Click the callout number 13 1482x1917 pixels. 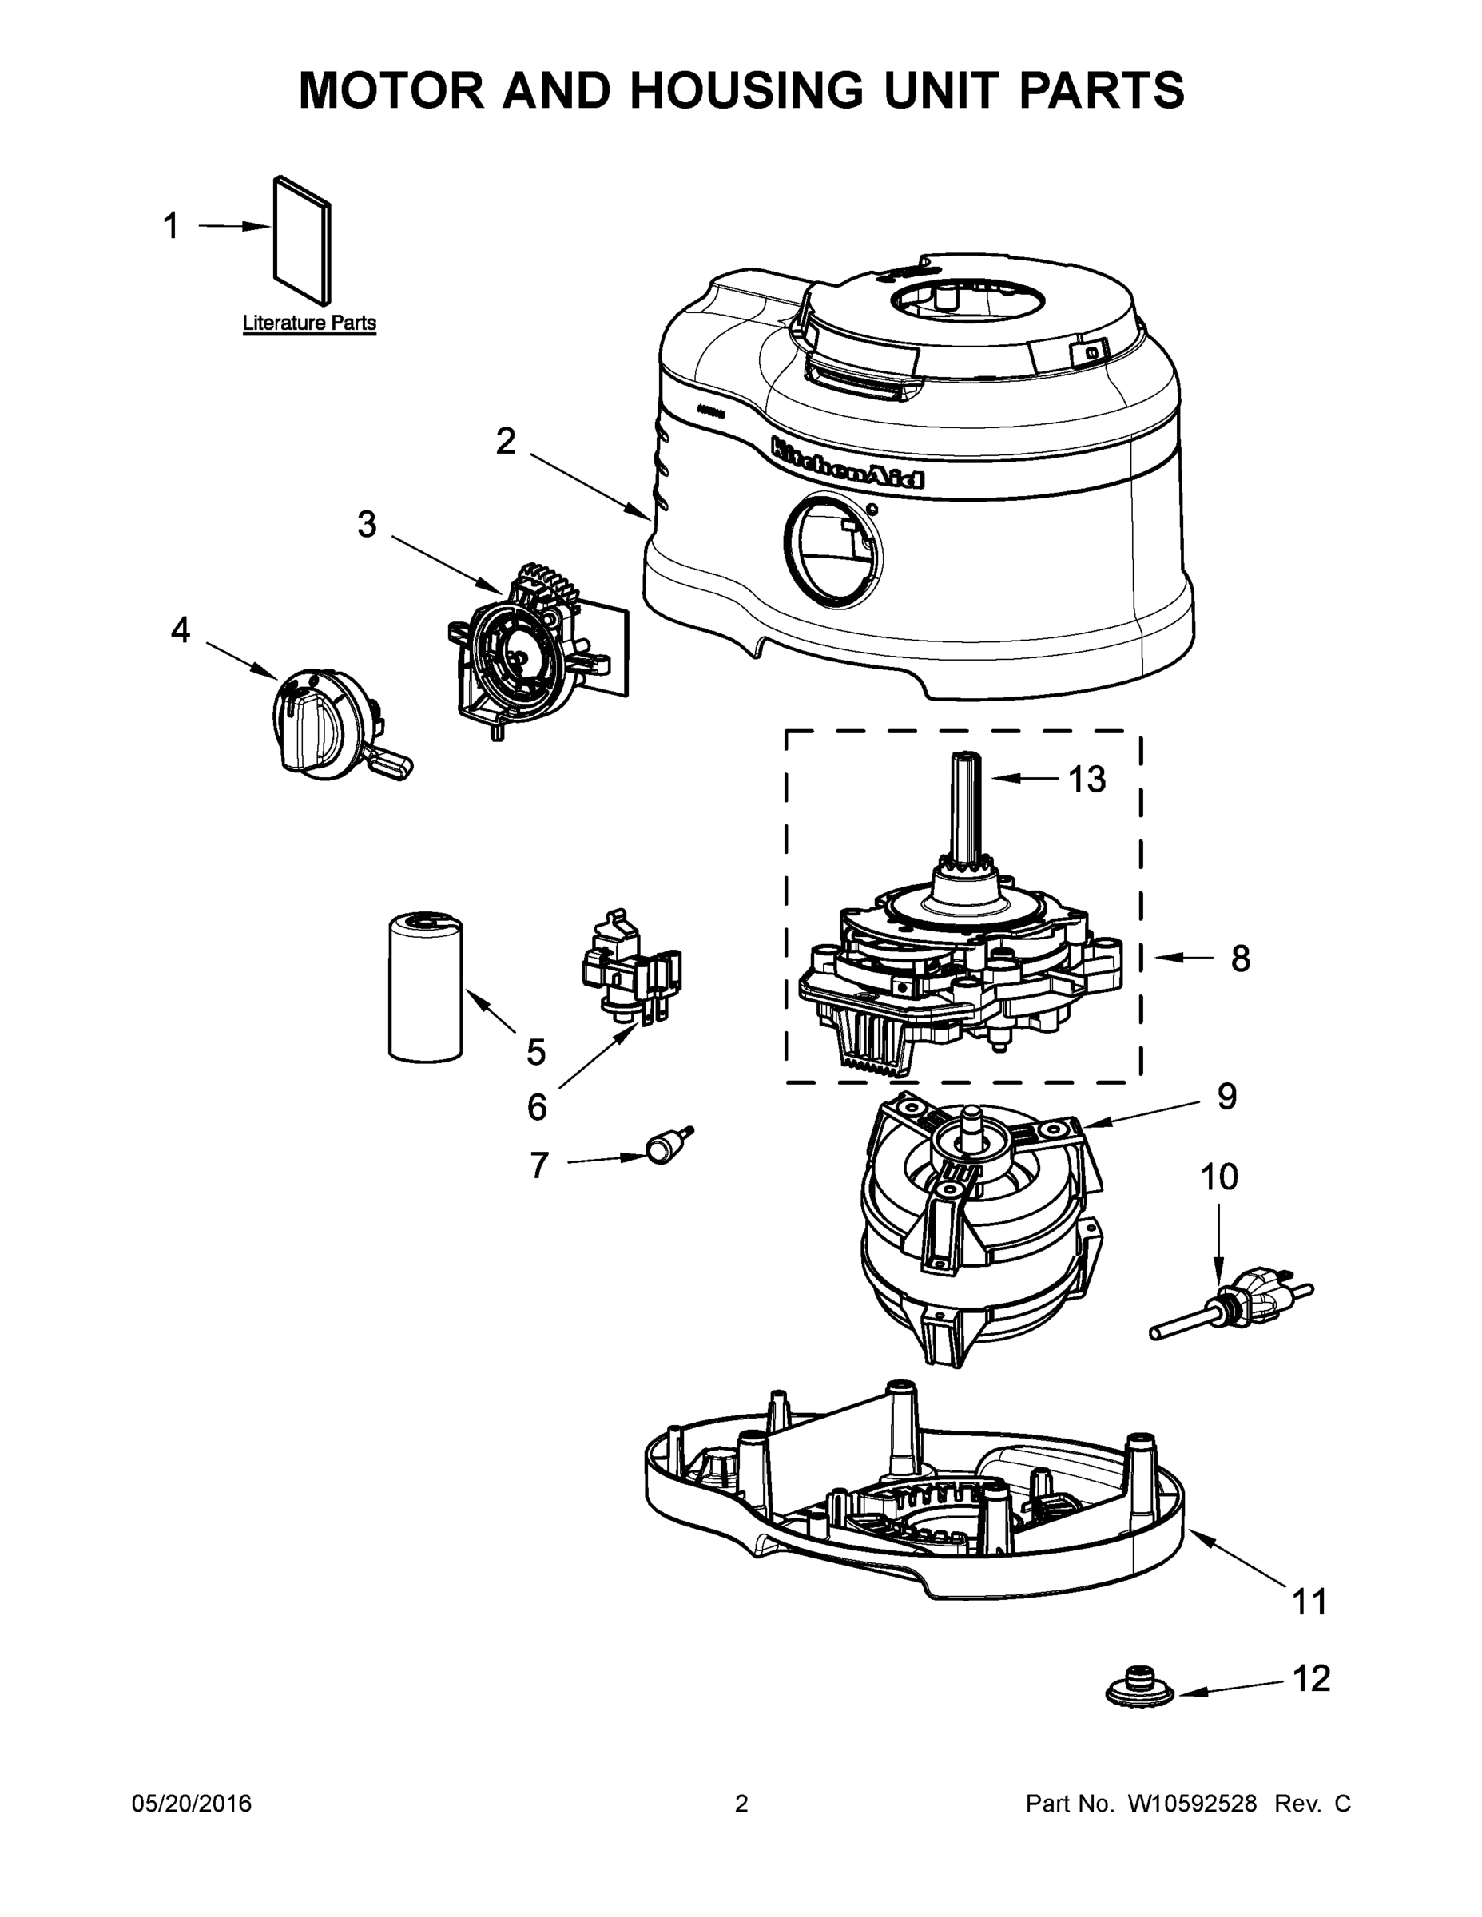pyautogui.click(x=1086, y=780)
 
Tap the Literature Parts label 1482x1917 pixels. pyautogui.click(x=309, y=323)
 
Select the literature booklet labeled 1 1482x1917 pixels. pyautogui.click(x=304, y=239)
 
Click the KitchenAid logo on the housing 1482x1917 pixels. pyautogui.click(x=846, y=462)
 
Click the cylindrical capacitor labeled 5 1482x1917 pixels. pyautogui.click(x=425, y=986)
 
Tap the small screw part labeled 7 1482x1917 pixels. pyautogui.click(x=667, y=1146)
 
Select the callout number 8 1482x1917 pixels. pyautogui.click(x=1240, y=958)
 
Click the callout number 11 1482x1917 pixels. pyautogui.click(x=1309, y=1601)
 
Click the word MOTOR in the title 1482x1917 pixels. pyautogui.click(x=391, y=90)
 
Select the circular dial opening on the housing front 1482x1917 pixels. pyautogui.click(x=833, y=551)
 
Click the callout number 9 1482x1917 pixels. pyautogui.click(x=1226, y=1097)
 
